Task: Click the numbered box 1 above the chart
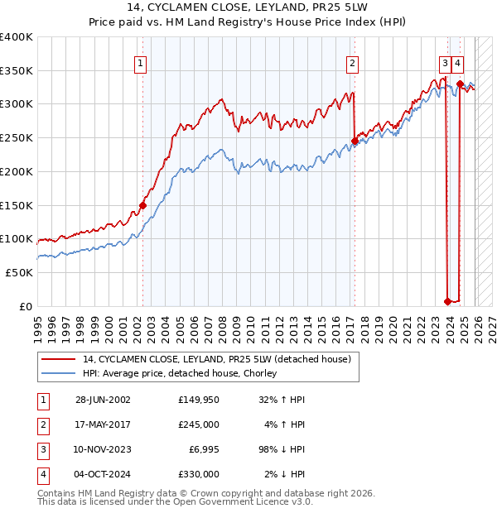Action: coord(140,62)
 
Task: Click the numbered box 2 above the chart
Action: coord(353,62)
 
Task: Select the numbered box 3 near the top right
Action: coord(445,62)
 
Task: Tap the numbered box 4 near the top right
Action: coord(458,62)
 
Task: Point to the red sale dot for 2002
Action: coord(142,205)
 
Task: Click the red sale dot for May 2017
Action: coord(355,141)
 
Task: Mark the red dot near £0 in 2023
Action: coord(447,301)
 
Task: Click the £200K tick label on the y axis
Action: coord(17,171)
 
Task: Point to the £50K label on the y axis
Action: coord(19,272)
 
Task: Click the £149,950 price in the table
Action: coord(198,400)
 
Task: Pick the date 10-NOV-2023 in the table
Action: coord(103,449)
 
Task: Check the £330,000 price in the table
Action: coord(198,474)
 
